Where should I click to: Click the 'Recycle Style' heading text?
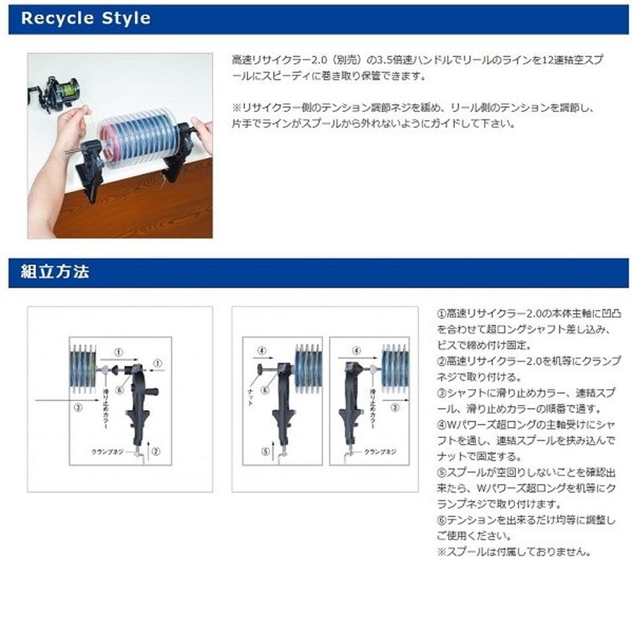86,18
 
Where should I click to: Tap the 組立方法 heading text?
49,272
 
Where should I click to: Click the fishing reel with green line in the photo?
64,89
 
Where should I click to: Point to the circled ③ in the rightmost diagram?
395,407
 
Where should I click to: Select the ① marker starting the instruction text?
442,313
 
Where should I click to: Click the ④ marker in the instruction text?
442,424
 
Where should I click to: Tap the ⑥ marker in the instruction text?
442,520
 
